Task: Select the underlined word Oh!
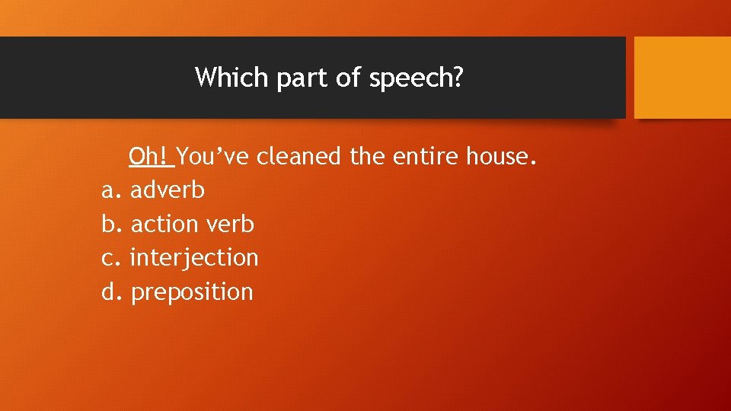pyautogui.click(x=152, y=157)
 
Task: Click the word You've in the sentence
pyautogui.click(x=215, y=157)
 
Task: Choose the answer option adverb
pyautogui.click(x=168, y=190)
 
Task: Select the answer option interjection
pyautogui.click(x=194, y=258)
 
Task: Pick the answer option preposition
pyautogui.click(x=192, y=292)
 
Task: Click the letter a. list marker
pyautogui.click(x=110, y=190)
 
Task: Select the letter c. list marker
pyautogui.click(x=110, y=258)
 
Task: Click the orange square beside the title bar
pyautogui.click(x=682, y=78)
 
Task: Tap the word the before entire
pyautogui.click(x=368, y=157)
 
